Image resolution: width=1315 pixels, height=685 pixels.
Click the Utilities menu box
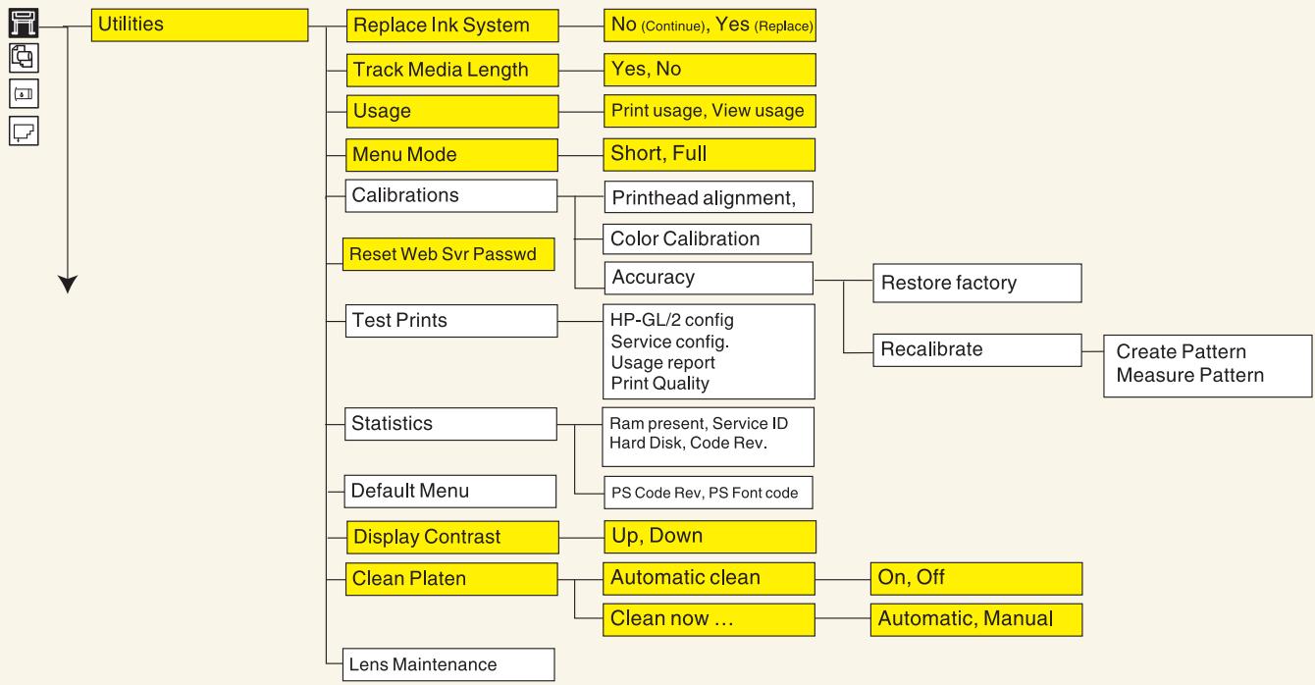(x=199, y=25)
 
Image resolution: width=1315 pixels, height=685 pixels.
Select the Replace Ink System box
(x=452, y=26)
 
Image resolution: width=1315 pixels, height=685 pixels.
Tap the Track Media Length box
(x=452, y=70)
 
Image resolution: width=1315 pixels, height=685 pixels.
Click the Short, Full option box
(x=710, y=154)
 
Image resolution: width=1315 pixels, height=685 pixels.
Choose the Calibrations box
(x=450, y=195)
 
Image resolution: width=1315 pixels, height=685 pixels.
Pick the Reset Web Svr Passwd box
(x=448, y=254)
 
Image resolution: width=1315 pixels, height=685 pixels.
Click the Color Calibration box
(x=708, y=238)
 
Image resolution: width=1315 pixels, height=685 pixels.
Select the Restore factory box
(x=977, y=283)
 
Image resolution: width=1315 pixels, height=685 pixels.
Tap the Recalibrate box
(x=977, y=350)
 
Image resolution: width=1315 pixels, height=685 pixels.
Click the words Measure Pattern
(x=1190, y=375)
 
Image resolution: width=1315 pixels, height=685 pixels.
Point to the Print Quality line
(x=659, y=384)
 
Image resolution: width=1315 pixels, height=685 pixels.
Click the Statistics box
(x=450, y=424)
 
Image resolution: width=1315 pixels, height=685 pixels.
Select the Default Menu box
(x=450, y=492)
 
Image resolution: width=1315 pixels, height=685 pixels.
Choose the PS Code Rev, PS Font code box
(x=709, y=493)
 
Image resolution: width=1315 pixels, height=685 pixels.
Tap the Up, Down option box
(x=710, y=537)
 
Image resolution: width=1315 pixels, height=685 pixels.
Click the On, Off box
(x=976, y=579)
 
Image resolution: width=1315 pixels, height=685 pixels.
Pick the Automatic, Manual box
(x=976, y=620)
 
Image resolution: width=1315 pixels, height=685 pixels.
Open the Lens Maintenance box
(x=448, y=664)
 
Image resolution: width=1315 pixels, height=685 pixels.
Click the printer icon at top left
(x=25, y=23)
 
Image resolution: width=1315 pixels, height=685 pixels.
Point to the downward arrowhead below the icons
(x=68, y=284)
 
